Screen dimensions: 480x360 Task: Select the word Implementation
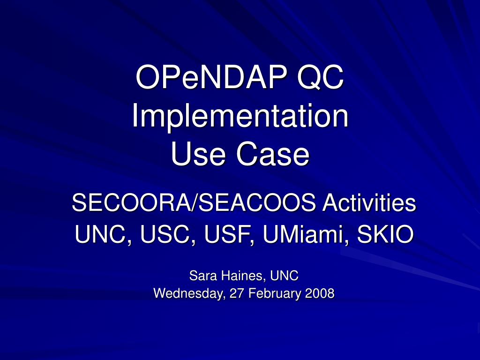click(x=240, y=116)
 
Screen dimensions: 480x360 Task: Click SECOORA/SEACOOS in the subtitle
click(x=194, y=202)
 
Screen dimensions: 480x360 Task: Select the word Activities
click(x=369, y=202)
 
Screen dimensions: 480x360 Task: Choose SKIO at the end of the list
click(x=386, y=234)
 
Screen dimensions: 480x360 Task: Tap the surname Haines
click(x=243, y=276)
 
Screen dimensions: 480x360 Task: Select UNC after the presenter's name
click(x=284, y=276)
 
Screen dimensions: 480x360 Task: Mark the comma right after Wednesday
click(x=225, y=298)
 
